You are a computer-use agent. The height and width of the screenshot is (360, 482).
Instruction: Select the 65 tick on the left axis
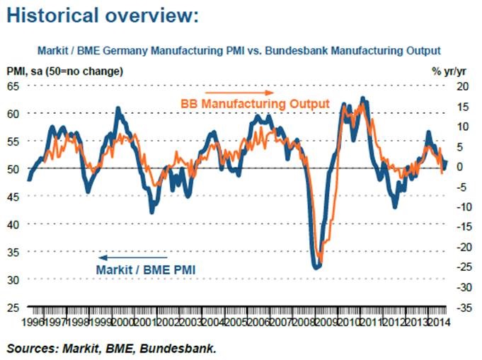coord(13,86)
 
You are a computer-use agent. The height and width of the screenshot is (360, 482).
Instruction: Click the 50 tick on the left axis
coord(13,168)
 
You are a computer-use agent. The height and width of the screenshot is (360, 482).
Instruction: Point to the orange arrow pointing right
coord(238,92)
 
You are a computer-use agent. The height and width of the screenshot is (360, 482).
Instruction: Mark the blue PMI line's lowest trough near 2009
coord(316,267)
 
